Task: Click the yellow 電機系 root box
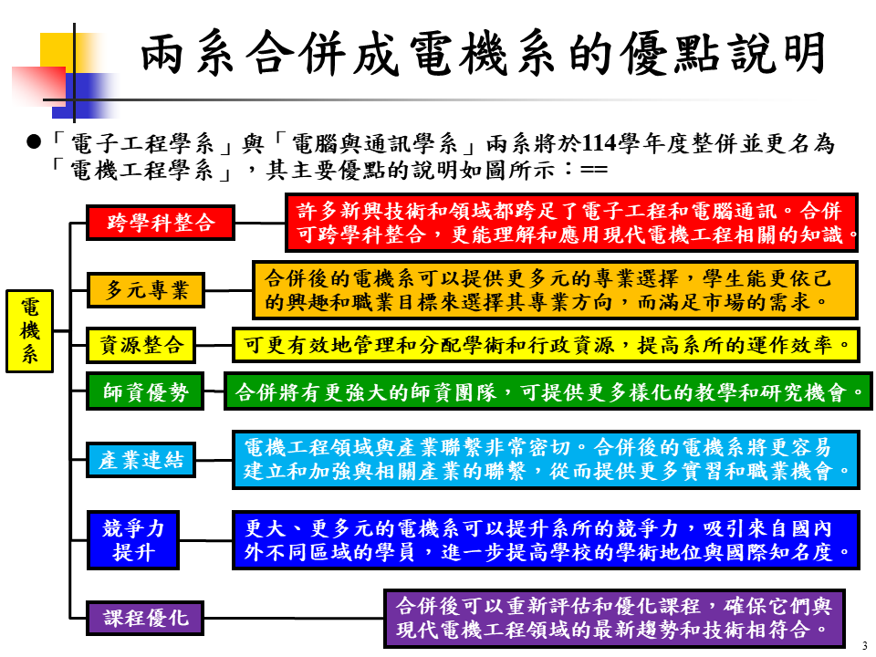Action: (x=30, y=331)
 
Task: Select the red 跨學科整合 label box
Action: (x=160, y=223)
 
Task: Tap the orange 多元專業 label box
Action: (x=146, y=291)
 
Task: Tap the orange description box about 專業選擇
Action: (x=555, y=288)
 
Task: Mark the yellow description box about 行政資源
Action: (x=546, y=345)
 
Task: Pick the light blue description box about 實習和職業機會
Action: (x=546, y=460)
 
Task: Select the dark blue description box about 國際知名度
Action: (x=546, y=540)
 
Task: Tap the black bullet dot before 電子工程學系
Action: (x=35, y=143)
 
